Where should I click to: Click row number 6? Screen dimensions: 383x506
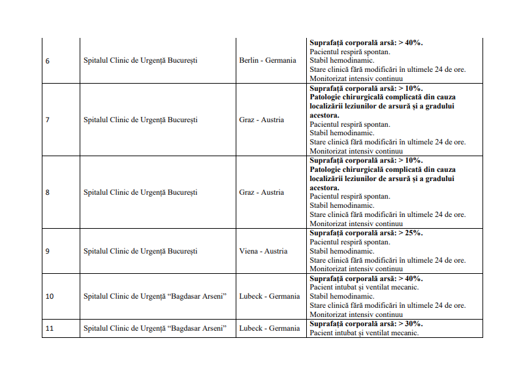(47, 61)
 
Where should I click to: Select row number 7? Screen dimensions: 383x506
(47, 120)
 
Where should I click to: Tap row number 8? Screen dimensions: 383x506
(47, 192)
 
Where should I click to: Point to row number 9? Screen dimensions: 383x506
(47, 251)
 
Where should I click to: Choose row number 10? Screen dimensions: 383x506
(50, 296)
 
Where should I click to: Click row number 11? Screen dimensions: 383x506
(50, 328)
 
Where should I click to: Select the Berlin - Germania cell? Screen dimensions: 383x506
(267, 61)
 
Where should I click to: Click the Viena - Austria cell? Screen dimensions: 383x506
(263, 251)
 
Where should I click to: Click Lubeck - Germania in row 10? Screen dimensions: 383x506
(269, 296)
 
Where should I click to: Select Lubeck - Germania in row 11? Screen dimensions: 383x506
(269, 328)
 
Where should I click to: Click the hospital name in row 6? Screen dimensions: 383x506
(140, 61)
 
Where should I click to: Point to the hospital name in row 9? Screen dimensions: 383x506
(140, 251)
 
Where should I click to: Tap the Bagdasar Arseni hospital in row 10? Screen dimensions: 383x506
(155, 296)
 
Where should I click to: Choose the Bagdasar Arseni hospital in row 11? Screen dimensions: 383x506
(155, 328)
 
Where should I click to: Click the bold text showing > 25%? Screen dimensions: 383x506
(366, 233)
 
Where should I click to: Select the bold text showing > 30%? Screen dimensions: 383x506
(366, 324)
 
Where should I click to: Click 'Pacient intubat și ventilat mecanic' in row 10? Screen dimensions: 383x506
(364, 287)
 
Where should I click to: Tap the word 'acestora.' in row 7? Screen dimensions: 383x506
(324, 115)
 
